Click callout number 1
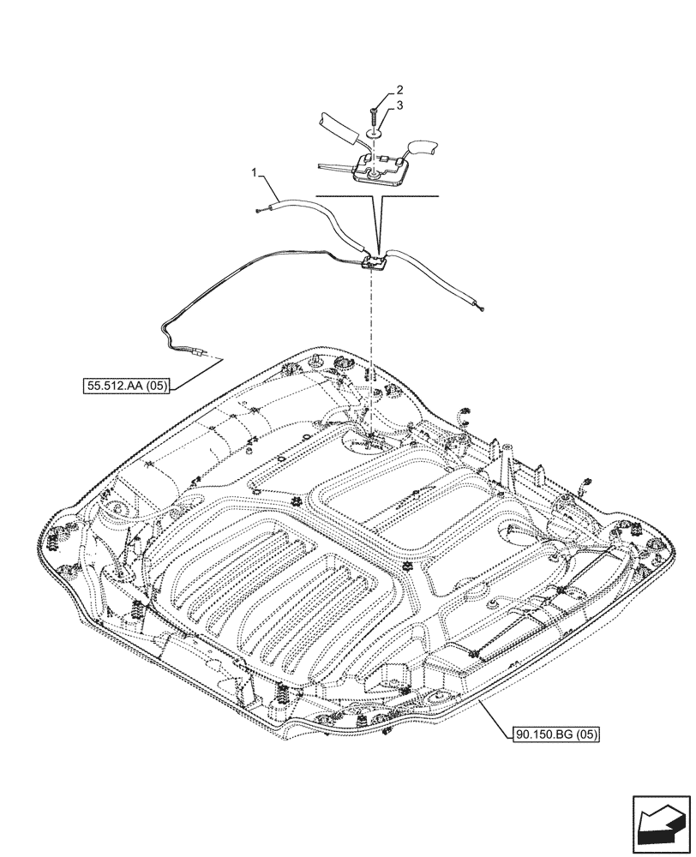pyautogui.click(x=254, y=175)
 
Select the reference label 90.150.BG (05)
pyautogui.click(x=555, y=734)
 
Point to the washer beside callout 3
pyautogui.click(x=375, y=134)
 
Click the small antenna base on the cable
pyautogui.click(x=374, y=264)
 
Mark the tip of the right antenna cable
pyautogui.click(x=484, y=309)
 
